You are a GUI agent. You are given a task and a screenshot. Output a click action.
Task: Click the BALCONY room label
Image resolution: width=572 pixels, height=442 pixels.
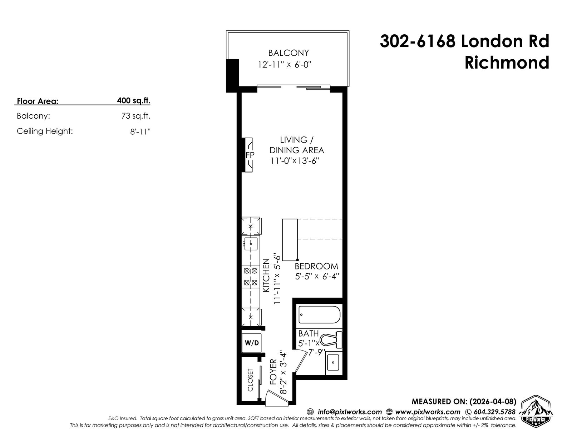coord(288,53)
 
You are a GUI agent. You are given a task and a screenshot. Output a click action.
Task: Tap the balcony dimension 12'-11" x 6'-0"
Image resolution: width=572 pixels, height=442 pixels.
coord(285,64)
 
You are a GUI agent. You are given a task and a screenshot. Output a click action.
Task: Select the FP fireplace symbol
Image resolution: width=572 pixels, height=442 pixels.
coord(249,155)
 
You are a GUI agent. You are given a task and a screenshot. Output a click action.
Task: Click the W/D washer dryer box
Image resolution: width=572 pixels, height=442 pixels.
coord(252,343)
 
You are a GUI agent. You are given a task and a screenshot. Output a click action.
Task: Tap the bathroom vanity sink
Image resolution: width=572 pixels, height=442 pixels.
coord(334,363)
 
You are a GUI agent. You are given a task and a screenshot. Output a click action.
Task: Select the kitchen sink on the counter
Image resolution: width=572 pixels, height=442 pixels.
coord(251,244)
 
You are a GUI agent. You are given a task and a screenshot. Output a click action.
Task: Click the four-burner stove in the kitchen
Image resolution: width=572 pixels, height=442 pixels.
coord(251,277)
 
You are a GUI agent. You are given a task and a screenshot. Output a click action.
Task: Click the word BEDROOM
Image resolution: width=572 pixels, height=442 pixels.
coord(316,266)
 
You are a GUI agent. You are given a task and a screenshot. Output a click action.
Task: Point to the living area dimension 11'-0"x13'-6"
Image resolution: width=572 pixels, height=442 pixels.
coord(295,160)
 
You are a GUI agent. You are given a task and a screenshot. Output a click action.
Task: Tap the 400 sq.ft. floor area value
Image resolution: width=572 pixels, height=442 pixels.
coord(134,100)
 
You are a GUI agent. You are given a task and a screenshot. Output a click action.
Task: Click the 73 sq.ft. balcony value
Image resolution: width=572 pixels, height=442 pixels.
coord(136,116)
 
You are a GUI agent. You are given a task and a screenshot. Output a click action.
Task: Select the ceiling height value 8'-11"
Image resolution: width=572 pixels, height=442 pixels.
coord(140,131)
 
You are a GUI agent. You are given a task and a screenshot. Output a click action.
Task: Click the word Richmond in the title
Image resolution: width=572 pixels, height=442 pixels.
coord(507,63)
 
